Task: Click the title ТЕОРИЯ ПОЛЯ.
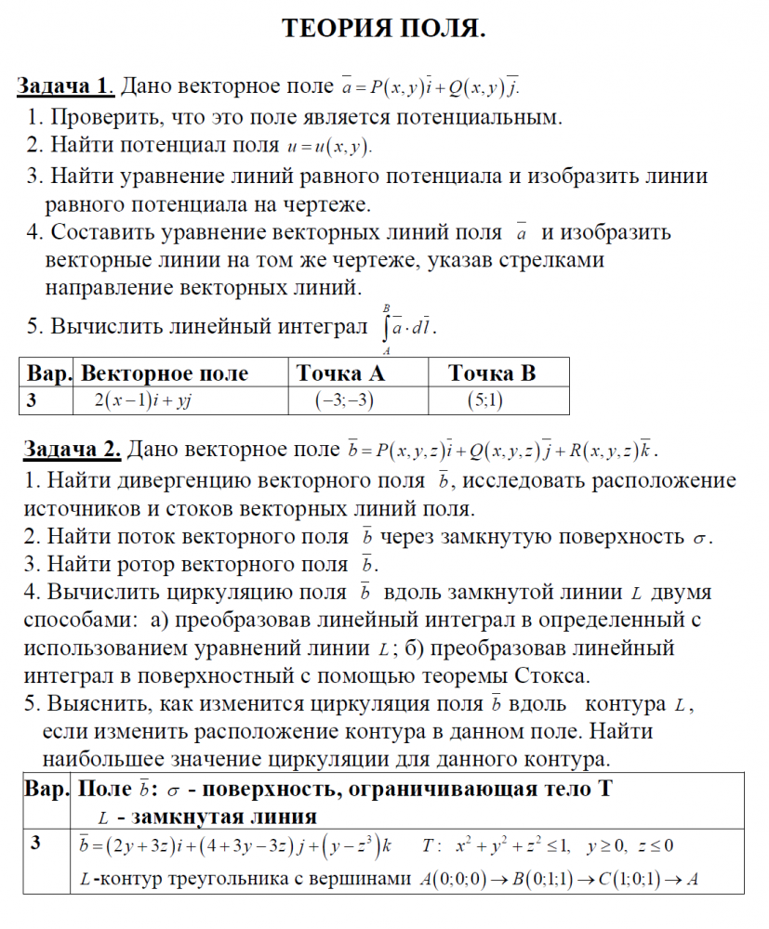pos(384,30)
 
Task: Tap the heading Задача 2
pos(72,451)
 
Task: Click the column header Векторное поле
pos(165,373)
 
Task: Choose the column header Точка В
pos(492,373)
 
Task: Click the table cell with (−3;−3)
pos(344,401)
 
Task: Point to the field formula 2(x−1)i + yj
pos(142,401)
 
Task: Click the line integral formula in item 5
pos(407,327)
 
